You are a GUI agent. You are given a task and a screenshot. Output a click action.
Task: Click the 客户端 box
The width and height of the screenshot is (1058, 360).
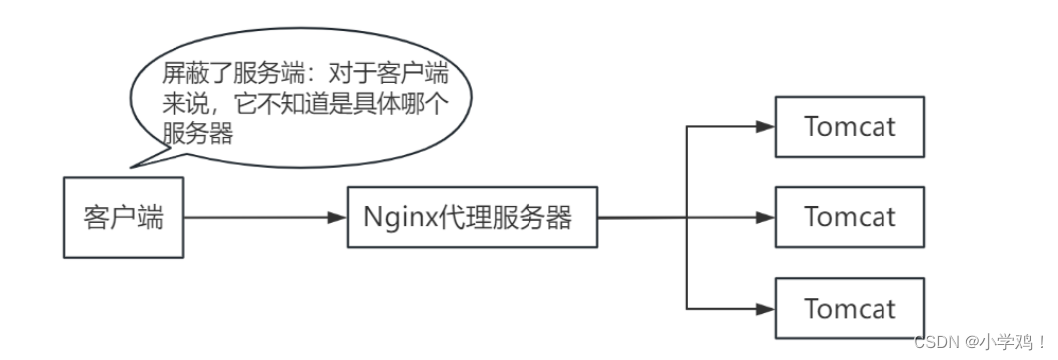[124, 216]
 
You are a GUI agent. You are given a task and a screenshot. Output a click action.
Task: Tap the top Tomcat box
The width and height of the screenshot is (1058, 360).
[850, 127]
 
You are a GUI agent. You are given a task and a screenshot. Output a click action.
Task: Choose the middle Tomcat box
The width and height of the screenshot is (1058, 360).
[850, 217]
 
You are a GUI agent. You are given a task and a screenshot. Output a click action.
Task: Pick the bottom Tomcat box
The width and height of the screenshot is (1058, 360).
[850, 308]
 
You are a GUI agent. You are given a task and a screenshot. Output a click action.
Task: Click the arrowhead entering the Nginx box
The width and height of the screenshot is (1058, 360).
[336, 217]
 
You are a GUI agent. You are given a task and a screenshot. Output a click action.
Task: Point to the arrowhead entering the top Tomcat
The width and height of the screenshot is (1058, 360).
[765, 127]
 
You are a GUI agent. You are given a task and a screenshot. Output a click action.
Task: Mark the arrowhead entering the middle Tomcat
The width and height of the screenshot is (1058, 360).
[765, 217]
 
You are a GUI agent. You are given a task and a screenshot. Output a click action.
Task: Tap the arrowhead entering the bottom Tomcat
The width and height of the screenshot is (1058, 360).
[765, 308]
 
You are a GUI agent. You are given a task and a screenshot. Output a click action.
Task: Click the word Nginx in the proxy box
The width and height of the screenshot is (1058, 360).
[390, 217]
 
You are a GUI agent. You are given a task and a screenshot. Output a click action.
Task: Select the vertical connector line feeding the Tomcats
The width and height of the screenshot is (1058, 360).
[688, 217]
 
